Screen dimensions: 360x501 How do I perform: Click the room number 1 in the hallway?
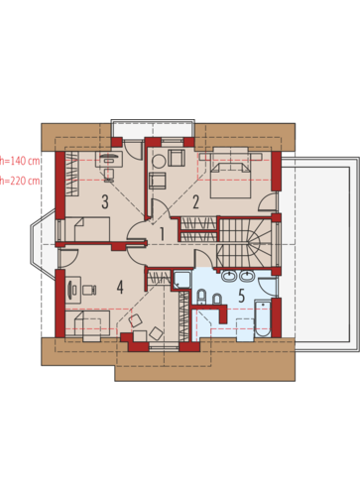click(162, 233)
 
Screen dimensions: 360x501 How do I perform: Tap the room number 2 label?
click(195, 201)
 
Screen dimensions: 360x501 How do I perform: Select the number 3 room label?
click(105, 201)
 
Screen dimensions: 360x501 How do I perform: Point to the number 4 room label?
click(120, 287)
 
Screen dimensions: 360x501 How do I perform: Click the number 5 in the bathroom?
click(242, 296)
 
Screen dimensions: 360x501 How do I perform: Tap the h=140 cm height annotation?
click(20, 161)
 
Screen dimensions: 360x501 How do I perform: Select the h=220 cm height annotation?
click(20, 181)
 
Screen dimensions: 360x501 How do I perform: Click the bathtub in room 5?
click(263, 318)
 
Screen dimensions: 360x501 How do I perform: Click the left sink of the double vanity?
click(228, 276)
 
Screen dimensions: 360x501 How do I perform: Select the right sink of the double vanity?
click(247, 276)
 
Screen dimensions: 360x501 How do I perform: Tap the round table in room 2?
click(159, 162)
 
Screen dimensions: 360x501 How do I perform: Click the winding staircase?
click(246, 242)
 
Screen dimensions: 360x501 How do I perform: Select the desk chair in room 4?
click(89, 290)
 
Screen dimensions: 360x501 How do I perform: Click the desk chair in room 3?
click(109, 176)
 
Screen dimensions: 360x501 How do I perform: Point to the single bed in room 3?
click(87, 229)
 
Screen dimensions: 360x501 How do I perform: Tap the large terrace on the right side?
click(320, 254)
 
